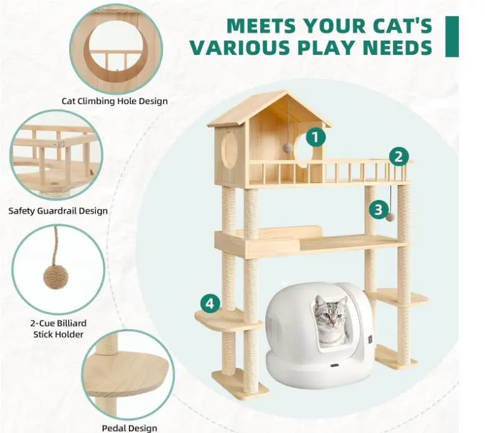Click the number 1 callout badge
click(316, 138)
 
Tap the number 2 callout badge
click(398, 156)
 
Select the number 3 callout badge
click(379, 210)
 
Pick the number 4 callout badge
click(210, 303)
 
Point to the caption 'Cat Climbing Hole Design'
click(115, 101)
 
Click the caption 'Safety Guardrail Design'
click(58, 211)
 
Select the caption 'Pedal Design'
click(129, 428)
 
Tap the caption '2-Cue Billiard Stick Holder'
click(59, 329)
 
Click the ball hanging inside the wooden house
click(288, 148)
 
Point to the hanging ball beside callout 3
click(390, 216)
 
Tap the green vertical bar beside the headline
click(452, 37)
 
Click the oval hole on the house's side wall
click(229, 150)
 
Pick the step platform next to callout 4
click(227, 320)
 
